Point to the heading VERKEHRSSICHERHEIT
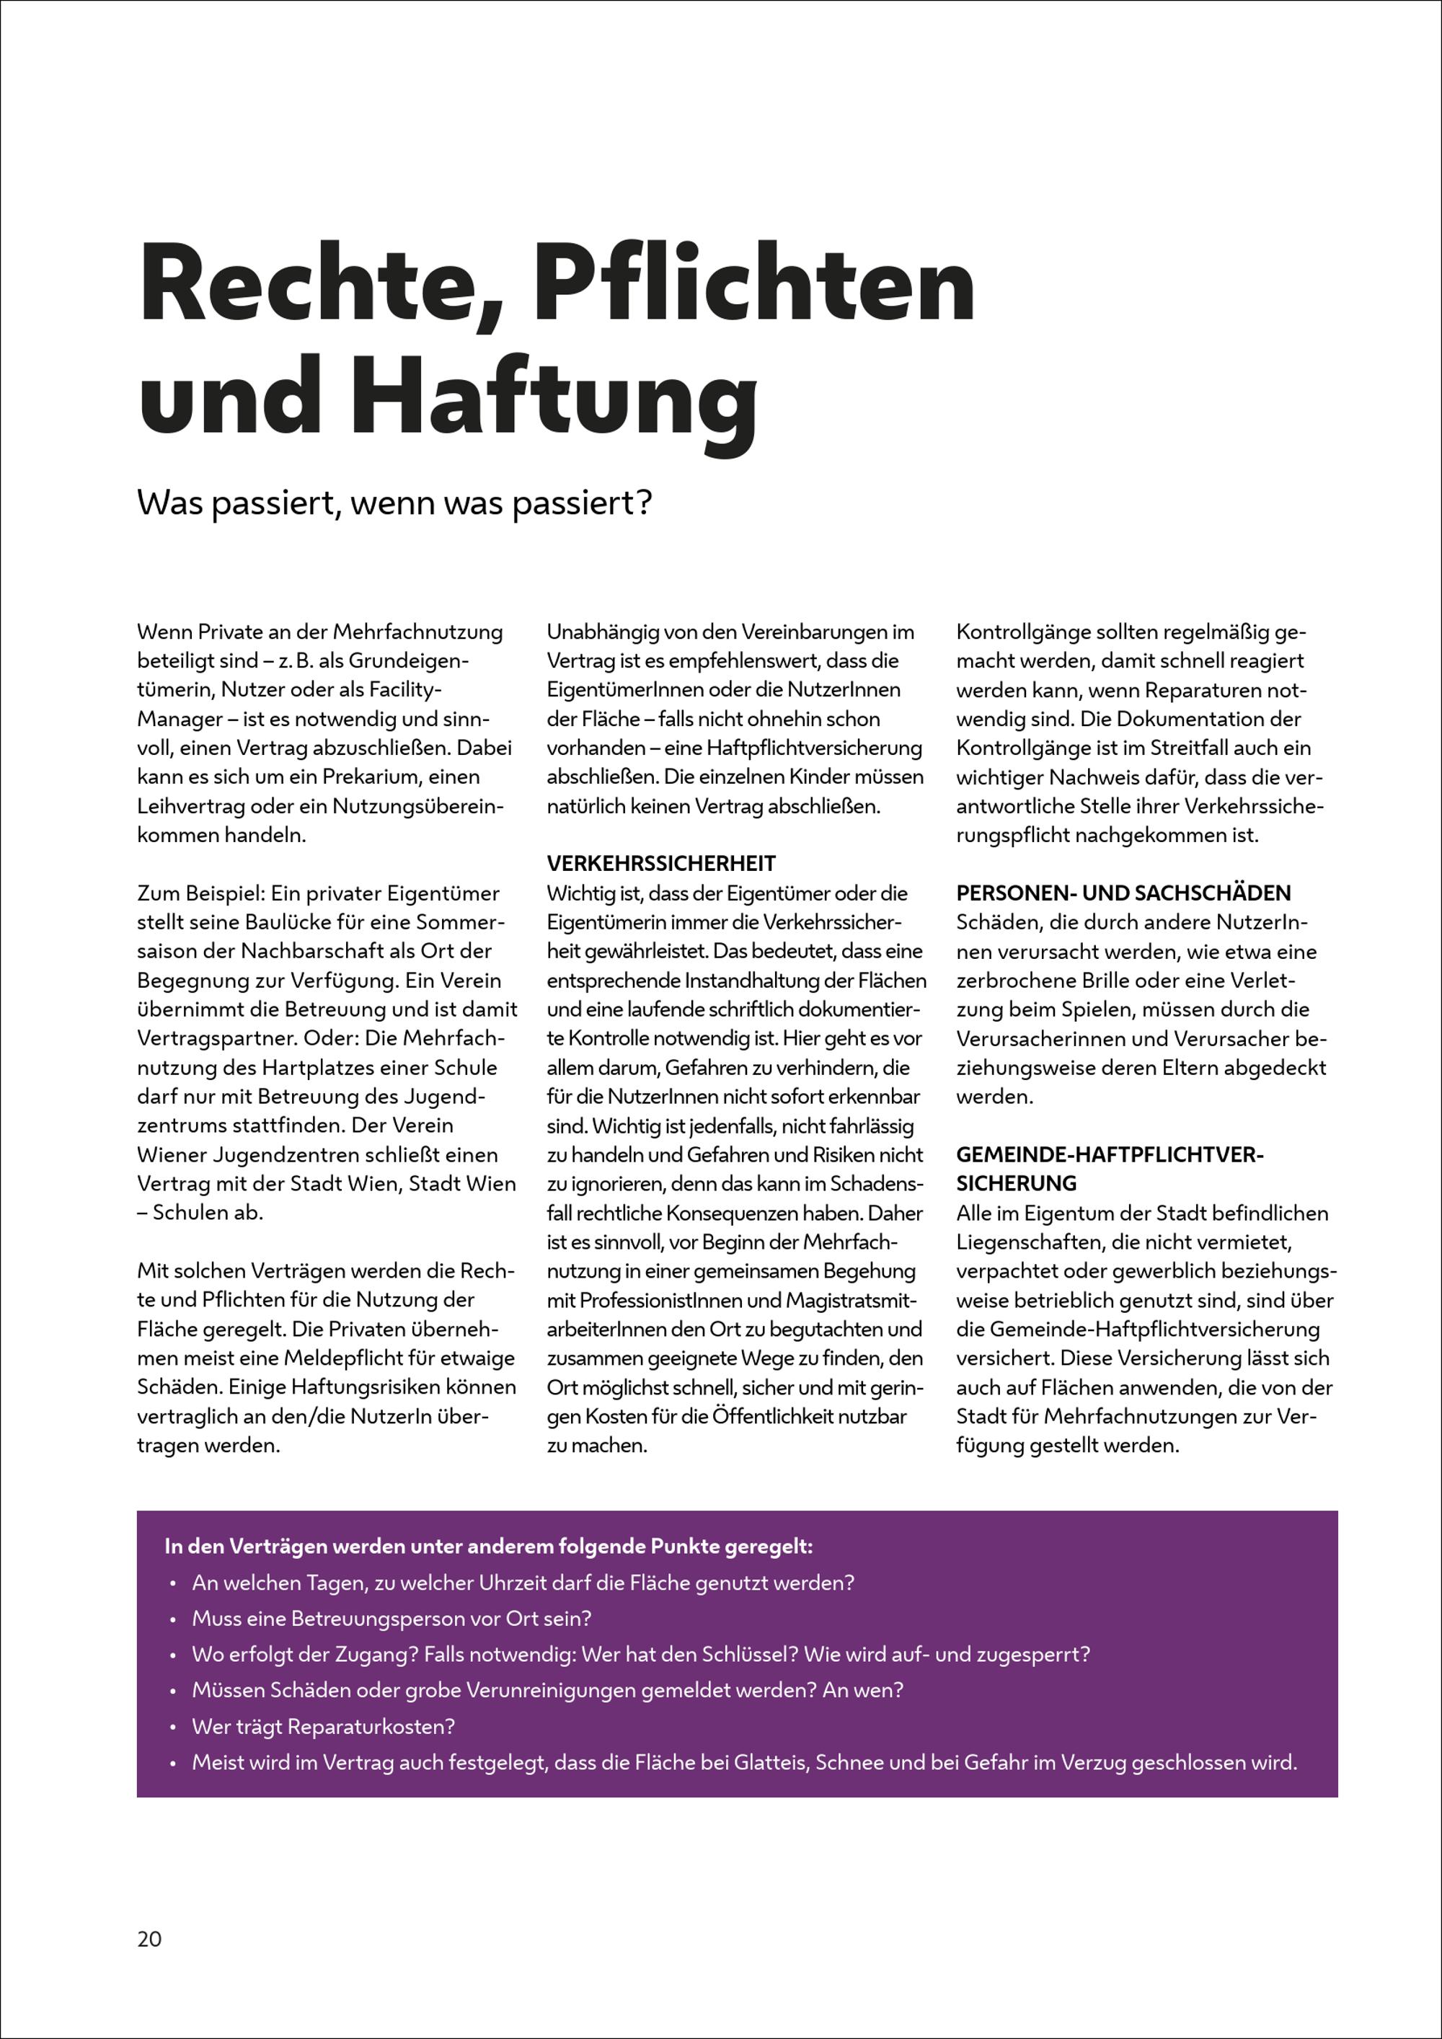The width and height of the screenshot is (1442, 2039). (x=660, y=863)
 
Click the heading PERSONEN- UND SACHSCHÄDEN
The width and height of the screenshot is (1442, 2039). (x=1123, y=893)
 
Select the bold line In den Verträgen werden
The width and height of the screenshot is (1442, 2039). (x=488, y=1546)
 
